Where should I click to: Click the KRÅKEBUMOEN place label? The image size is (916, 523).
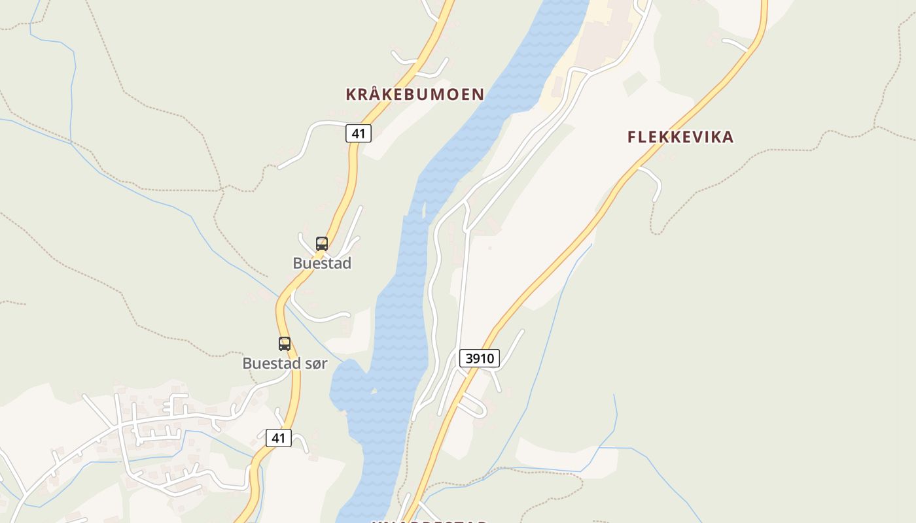click(415, 94)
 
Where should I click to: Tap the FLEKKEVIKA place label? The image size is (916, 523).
click(680, 137)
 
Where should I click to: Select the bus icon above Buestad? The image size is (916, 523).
click(322, 244)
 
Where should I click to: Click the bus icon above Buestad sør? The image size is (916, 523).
click(285, 343)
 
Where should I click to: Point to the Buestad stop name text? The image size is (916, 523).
click(322, 263)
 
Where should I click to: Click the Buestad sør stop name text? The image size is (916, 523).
click(285, 363)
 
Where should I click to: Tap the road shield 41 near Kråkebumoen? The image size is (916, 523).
click(358, 133)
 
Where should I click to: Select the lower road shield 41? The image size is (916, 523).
click(279, 437)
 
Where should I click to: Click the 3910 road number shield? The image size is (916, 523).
click(480, 358)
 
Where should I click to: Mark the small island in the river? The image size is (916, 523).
click(424, 211)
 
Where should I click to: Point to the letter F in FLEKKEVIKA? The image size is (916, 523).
click(632, 137)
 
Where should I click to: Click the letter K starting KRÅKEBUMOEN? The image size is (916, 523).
click(351, 94)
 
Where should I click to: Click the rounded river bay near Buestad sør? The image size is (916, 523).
click(347, 386)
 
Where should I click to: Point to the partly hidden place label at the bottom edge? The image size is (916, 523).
click(429, 521)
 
